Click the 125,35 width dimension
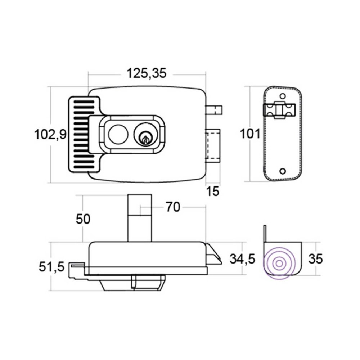(146, 73)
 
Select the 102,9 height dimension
(50, 135)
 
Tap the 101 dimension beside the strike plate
(250, 134)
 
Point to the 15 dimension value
(213, 192)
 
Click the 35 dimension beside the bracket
(315, 258)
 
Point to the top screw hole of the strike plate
(283, 96)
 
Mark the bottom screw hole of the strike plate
(283, 171)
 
